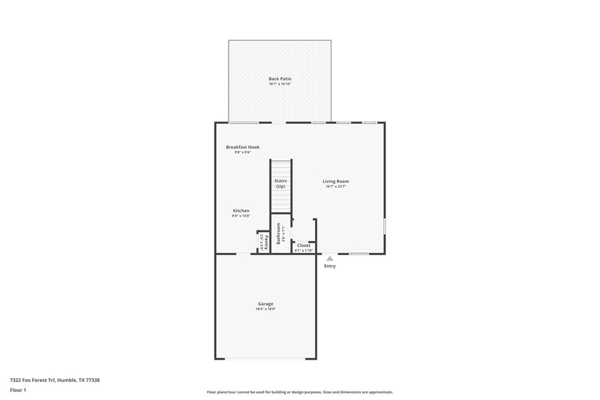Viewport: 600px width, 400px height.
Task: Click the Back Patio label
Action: (x=280, y=78)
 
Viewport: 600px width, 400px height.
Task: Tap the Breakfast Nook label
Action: (x=242, y=147)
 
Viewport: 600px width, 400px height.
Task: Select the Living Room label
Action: (x=335, y=181)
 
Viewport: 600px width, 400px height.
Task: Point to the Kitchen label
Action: (x=241, y=211)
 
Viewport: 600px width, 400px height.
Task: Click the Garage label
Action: (x=265, y=303)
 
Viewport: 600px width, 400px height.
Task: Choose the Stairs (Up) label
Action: (x=280, y=183)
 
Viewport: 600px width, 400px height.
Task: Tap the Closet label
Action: (x=304, y=245)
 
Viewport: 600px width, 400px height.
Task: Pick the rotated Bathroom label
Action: (x=279, y=233)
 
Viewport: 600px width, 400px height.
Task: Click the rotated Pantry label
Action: (x=266, y=241)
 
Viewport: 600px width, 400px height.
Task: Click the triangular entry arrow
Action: (x=329, y=258)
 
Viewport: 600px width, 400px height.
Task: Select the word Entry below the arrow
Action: (x=330, y=266)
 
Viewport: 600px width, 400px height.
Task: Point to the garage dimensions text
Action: (x=265, y=308)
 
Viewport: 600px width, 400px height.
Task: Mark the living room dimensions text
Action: (x=335, y=186)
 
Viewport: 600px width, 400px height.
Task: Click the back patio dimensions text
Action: (x=280, y=83)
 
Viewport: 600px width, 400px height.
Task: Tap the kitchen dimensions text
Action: (x=241, y=216)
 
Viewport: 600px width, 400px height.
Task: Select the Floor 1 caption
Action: (x=18, y=390)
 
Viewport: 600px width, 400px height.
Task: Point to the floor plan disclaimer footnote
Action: (x=300, y=392)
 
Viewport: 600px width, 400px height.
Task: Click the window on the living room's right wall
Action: (x=385, y=225)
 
